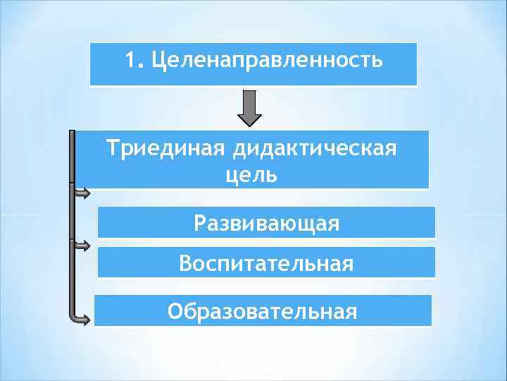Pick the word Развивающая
(266, 224)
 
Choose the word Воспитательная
(266, 264)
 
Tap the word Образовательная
(262, 311)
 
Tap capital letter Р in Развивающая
(199, 224)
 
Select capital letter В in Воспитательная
(185, 264)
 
